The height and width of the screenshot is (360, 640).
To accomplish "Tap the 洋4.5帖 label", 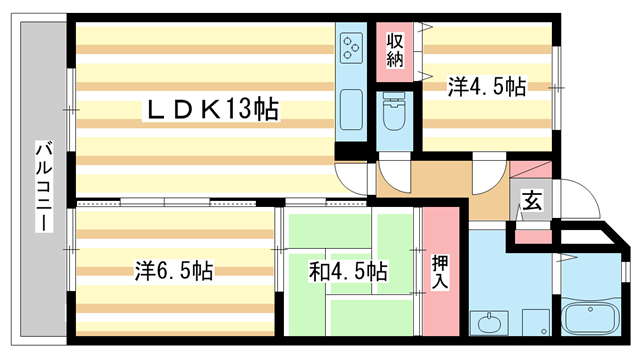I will pyautogui.click(x=487, y=87).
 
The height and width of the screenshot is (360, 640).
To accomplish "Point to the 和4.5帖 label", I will pyautogui.click(x=347, y=270).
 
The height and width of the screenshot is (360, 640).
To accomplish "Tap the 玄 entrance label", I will pyautogui.click(x=531, y=201).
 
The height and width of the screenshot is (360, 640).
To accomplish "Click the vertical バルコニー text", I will pyautogui.click(x=42, y=185).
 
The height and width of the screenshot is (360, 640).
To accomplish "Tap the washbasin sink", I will pyautogui.click(x=490, y=323).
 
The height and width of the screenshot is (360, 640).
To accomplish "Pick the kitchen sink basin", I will pyautogui.click(x=351, y=107).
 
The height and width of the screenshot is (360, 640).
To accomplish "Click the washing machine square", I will pyautogui.click(x=535, y=322).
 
